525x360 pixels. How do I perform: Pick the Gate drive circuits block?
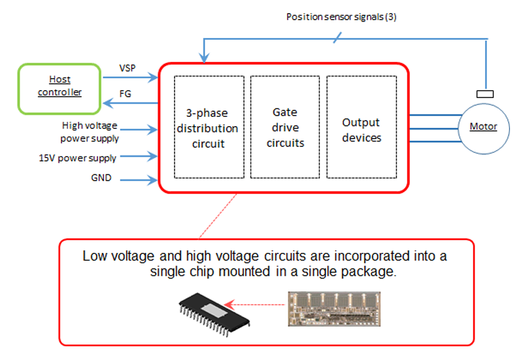tap(285, 127)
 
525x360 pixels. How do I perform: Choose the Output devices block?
tap(362, 127)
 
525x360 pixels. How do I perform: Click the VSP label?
tap(127, 68)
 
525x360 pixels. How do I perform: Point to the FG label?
tap(125, 94)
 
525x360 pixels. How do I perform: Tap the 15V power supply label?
tap(78, 157)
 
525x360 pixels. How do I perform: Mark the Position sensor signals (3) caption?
tap(341, 16)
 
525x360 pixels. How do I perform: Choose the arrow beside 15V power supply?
tap(139, 156)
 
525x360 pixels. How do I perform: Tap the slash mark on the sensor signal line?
tap(336, 39)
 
